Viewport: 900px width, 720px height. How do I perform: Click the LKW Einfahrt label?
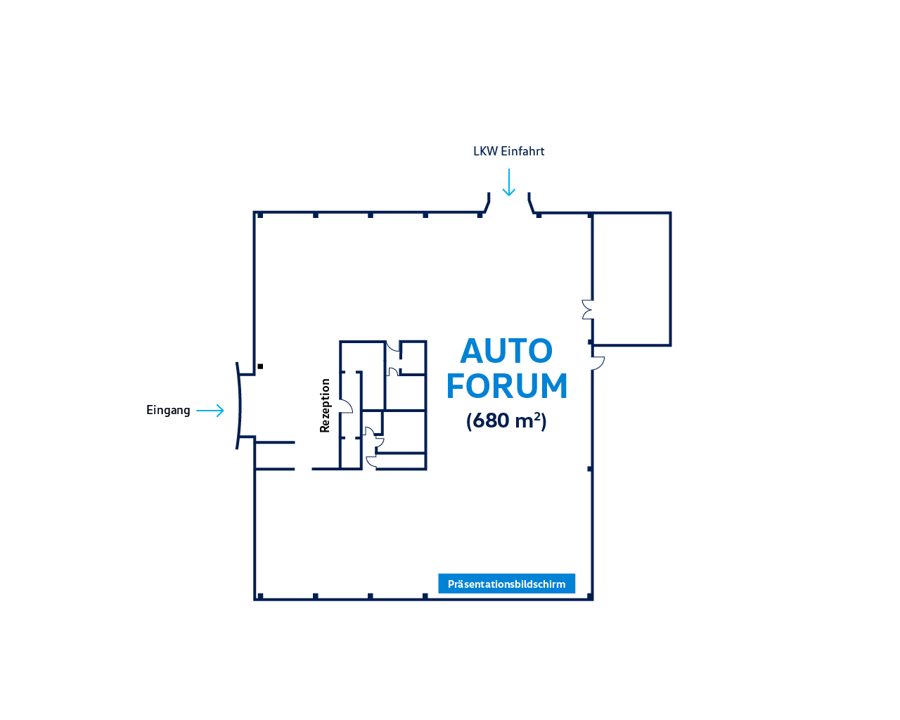508,151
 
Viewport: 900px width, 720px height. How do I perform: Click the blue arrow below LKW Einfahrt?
508,182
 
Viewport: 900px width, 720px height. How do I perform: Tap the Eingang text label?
168,411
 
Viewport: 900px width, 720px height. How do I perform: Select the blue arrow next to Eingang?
210,411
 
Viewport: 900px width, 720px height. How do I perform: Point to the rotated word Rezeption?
325,406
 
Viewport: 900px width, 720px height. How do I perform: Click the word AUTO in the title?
506,351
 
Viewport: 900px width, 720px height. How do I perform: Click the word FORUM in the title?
506,386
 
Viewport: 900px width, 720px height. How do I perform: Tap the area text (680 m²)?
506,421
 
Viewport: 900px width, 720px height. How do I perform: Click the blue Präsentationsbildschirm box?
506,584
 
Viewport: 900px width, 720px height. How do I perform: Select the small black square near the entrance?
260,366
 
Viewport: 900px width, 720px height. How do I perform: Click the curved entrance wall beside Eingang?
239,406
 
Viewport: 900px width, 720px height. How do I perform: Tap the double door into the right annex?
587,309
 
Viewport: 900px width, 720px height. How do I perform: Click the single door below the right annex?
598,363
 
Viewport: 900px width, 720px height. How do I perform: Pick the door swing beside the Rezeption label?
346,406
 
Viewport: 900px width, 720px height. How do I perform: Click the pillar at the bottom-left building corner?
260,596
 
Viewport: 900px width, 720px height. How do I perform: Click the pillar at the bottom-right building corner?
590,596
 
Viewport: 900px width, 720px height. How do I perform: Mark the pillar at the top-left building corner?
260,215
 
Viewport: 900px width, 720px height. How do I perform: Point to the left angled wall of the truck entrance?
487,203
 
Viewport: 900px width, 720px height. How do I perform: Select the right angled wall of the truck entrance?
531,203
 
